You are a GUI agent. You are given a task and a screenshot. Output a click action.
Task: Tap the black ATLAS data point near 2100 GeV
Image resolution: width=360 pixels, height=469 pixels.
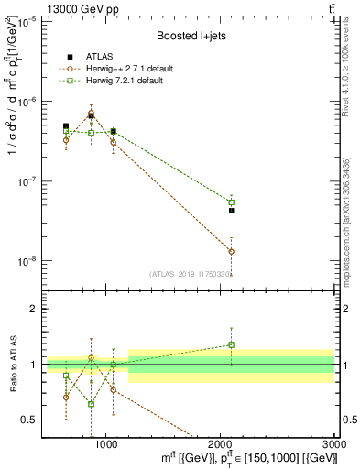tap(231, 211)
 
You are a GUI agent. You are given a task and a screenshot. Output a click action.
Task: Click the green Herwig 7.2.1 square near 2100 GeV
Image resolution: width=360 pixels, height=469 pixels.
tap(231, 202)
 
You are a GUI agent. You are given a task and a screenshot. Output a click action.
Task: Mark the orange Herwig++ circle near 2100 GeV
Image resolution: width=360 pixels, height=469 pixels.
tap(231, 251)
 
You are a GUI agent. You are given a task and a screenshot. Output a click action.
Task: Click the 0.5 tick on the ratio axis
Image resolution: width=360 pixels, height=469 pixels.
tap(29, 420)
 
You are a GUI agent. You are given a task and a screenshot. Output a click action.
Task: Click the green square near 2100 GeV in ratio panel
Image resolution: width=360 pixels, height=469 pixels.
tap(231, 345)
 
